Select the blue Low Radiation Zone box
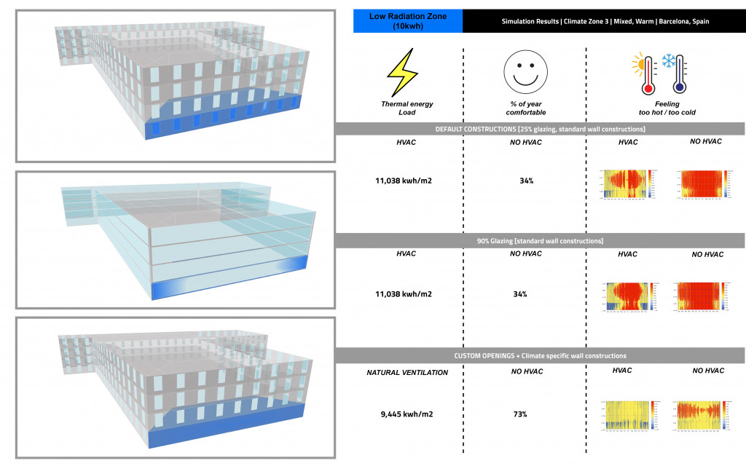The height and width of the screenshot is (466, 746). coord(407,20)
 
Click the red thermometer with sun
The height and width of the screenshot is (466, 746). coord(645,76)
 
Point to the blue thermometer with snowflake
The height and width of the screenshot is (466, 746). coord(677,76)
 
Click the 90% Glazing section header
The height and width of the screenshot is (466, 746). coord(540,240)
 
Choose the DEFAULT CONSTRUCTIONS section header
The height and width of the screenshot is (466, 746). coord(540,129)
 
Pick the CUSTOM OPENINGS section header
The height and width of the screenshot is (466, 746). coord(540,356)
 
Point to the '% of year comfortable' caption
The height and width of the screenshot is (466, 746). coord(525,108)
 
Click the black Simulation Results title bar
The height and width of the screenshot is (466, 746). coord(604,21)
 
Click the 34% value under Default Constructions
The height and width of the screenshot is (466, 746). coord(525,179)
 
